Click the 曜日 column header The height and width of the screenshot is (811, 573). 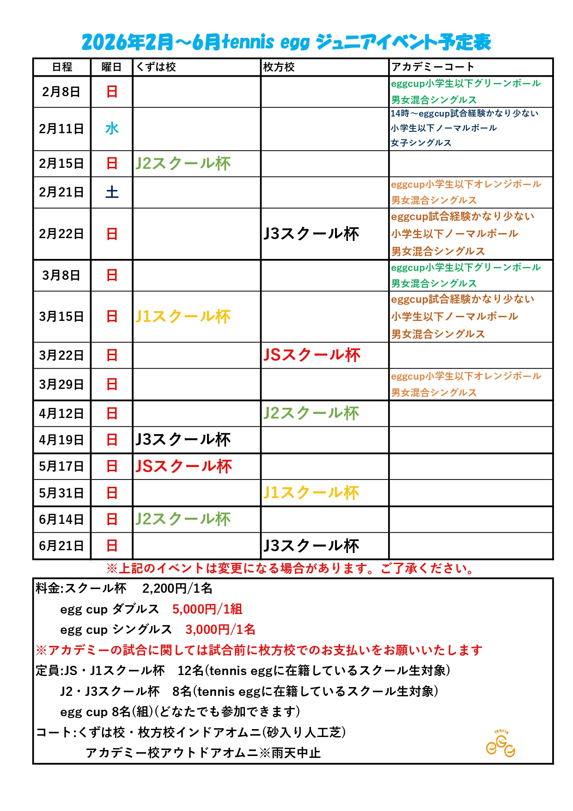click(111, 67)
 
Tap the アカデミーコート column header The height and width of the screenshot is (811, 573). click(433, 67)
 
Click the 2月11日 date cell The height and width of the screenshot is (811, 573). click(61, 129)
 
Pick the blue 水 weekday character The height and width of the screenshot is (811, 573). click(112, 129)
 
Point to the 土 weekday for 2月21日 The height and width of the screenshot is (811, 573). click(112, 192)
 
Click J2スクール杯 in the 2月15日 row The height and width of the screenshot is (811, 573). click(183, 164)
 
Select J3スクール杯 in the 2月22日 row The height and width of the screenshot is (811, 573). click(311, 233)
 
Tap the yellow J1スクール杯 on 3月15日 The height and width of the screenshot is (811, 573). click(183, 317)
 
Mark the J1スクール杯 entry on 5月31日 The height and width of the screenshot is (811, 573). click(311, 493)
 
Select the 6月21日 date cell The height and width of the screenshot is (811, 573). click(61, 546)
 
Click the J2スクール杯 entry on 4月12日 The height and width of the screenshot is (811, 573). click(311, 413)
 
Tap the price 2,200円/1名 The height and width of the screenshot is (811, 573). click(177, 588)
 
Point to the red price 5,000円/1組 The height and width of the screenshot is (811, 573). click(207, 609)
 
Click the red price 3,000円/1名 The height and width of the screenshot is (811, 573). click(220, 629)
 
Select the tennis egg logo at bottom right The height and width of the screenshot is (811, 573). click(500, 743)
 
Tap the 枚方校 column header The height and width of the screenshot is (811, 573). click(279, 67)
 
